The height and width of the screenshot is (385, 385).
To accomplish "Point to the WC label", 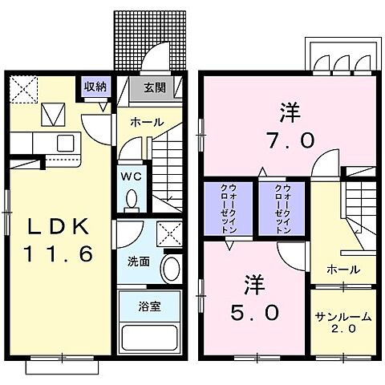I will point(130,175).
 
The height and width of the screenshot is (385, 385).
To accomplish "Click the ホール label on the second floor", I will point(342,269).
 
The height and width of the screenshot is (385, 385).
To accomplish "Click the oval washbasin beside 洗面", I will point(170,269).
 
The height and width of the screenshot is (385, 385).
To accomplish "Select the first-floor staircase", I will point(171,168).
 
